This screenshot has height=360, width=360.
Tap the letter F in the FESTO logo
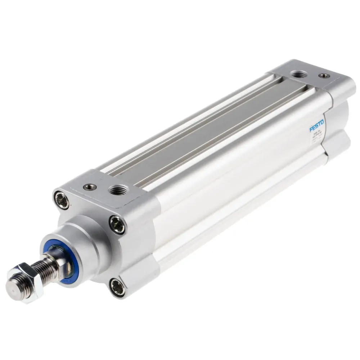pyautogui.click(x=311, y=129)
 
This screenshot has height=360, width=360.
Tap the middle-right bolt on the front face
pyautogui.click(x=117, y=225)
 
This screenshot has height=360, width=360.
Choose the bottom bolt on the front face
pyautogui.click(x=117, y=287)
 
